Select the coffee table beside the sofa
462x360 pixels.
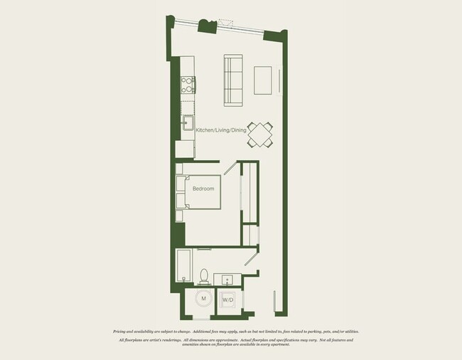[263, 79]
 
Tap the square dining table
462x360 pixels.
[262, 134]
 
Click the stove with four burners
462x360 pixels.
[188, 85]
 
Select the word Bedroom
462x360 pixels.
[203, 189]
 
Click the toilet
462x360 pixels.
[204, 275]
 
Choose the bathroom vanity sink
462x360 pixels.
[228, 278]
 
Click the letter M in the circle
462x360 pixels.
[204, 299]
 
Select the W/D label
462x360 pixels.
[228, 300]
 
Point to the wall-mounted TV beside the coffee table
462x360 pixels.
[279, 79]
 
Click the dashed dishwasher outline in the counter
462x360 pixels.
[188, 107]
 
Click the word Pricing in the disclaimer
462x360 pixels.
[122, 332]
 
